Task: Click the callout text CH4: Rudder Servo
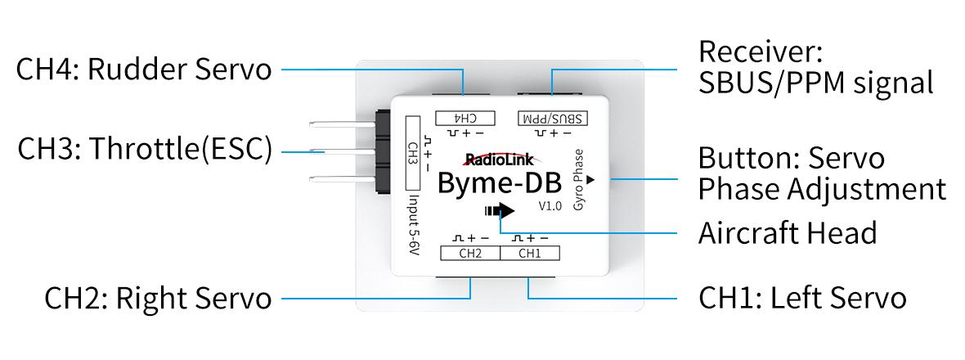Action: tap(144, 70)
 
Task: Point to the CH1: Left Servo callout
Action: tap(802, 298)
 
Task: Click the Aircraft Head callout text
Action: tap(787, 232)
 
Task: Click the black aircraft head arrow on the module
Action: tap(500, 210)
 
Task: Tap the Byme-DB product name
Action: tap(499, 183)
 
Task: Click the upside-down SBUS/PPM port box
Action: tap(552, 118)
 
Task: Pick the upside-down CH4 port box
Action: tap(464, 118)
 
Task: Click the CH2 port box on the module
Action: tap(469, 254)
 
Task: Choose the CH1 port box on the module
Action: tap(530, 254)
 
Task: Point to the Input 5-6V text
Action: tap(413, 227)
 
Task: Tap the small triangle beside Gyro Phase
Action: tap(590, 177)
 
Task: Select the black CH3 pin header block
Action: tap(383, 153)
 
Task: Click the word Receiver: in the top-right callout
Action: tap(760, 52)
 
